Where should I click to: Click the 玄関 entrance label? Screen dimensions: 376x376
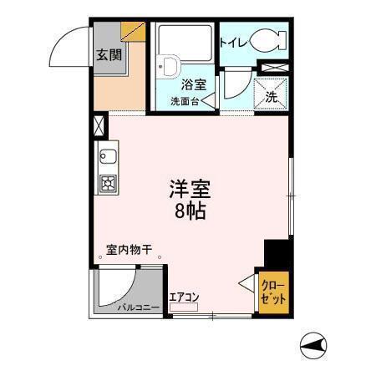(107, 56)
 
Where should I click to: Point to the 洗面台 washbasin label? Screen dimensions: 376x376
(184, 101)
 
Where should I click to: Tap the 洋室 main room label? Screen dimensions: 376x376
(191, 191)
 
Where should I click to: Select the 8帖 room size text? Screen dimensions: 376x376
(191, 211)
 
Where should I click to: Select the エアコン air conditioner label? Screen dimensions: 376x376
(183, 295)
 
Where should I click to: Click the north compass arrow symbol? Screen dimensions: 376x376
(314, 343)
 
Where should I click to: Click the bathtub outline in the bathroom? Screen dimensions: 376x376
(184, 46)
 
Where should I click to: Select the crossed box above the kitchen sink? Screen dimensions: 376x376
(101, 126)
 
